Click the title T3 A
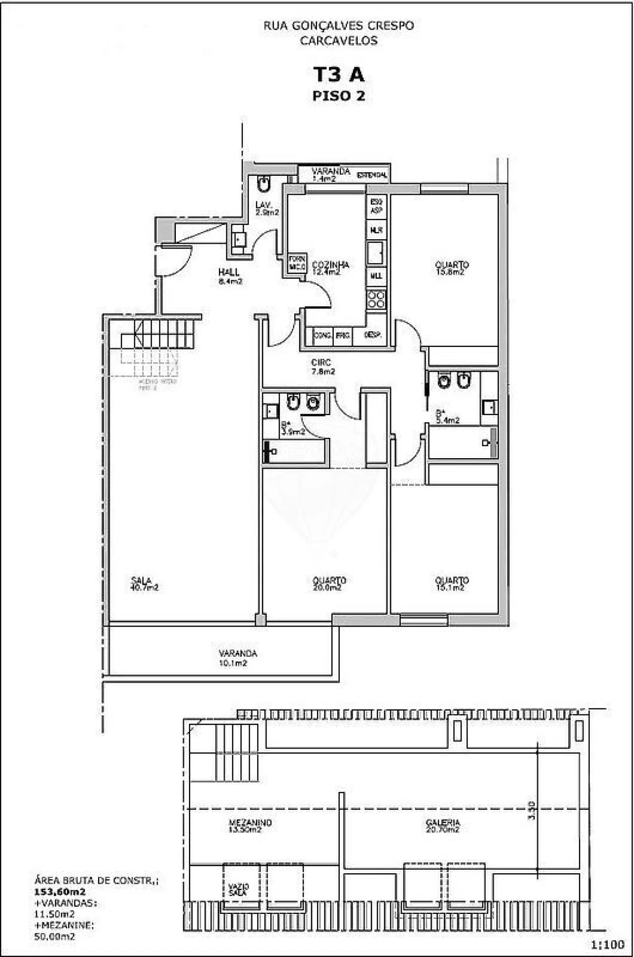click(x=339, y=74)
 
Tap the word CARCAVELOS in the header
click(x=339, y=41)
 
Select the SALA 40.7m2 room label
click(x=144, y=584)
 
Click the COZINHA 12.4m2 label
click(x=330, y=268)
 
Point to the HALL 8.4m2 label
click(x=230, y=276)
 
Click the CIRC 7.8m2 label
click(x=322, y=367)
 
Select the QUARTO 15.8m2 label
click(x=451, y=268)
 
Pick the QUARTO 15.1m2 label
click(x=451, y=584)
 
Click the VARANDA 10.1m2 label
click(x=238, y=658)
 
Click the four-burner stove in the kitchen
click(x=376, y=299)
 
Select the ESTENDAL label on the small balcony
click(x=372, y=175)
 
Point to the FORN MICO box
click(x=297, y=263)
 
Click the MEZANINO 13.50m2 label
click(x=250, y=825)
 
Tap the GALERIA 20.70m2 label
click(x=442, y=825)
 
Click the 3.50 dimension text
click(x=531, y=811)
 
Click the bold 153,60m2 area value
click(x=59, y=892)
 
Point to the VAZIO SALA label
click(x=238, y=890)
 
